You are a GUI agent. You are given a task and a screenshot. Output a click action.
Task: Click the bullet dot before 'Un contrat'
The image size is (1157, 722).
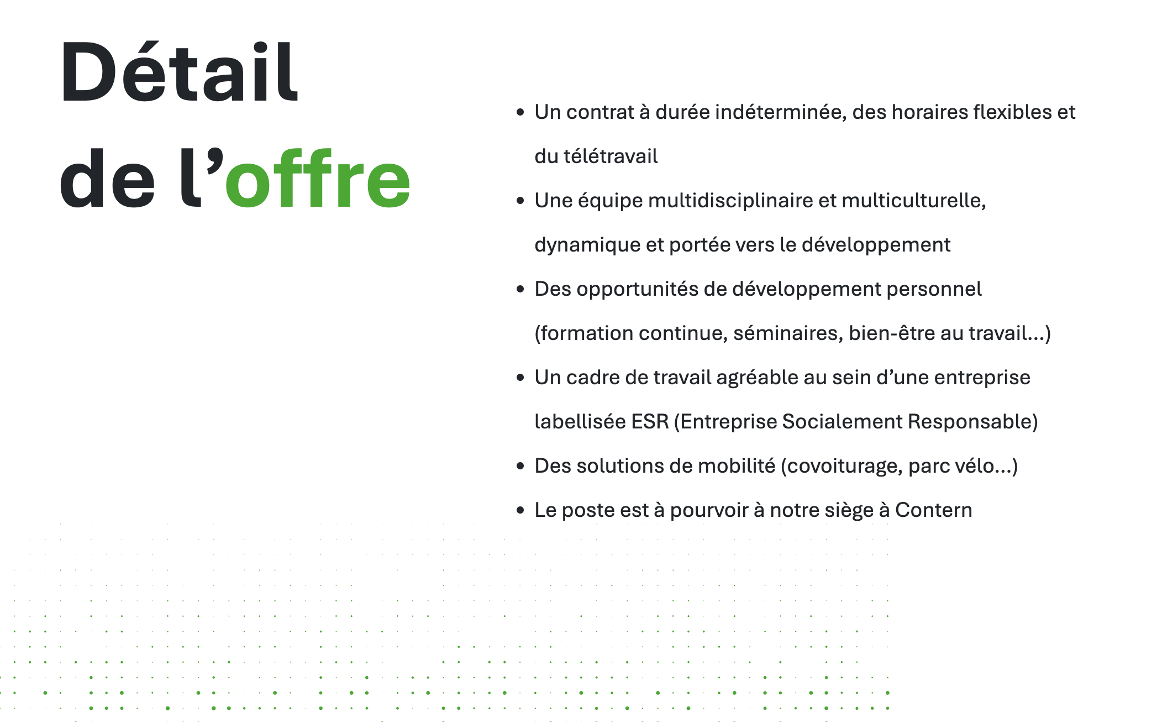(x=520, y=112)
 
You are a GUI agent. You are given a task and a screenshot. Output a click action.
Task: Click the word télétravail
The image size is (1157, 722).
(x=611, y=156)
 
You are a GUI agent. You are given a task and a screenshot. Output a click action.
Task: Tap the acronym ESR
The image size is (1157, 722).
(x=650, y=421)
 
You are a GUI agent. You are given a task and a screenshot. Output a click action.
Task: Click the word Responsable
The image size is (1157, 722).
(x=970, y=421)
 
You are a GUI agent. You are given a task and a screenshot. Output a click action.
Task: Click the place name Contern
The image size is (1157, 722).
(x=933, y=510)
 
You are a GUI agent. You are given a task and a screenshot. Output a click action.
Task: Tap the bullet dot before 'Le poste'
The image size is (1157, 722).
(x=520, y=510)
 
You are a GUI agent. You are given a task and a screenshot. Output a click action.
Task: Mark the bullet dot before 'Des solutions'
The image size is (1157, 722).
(x=520, y=466)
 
